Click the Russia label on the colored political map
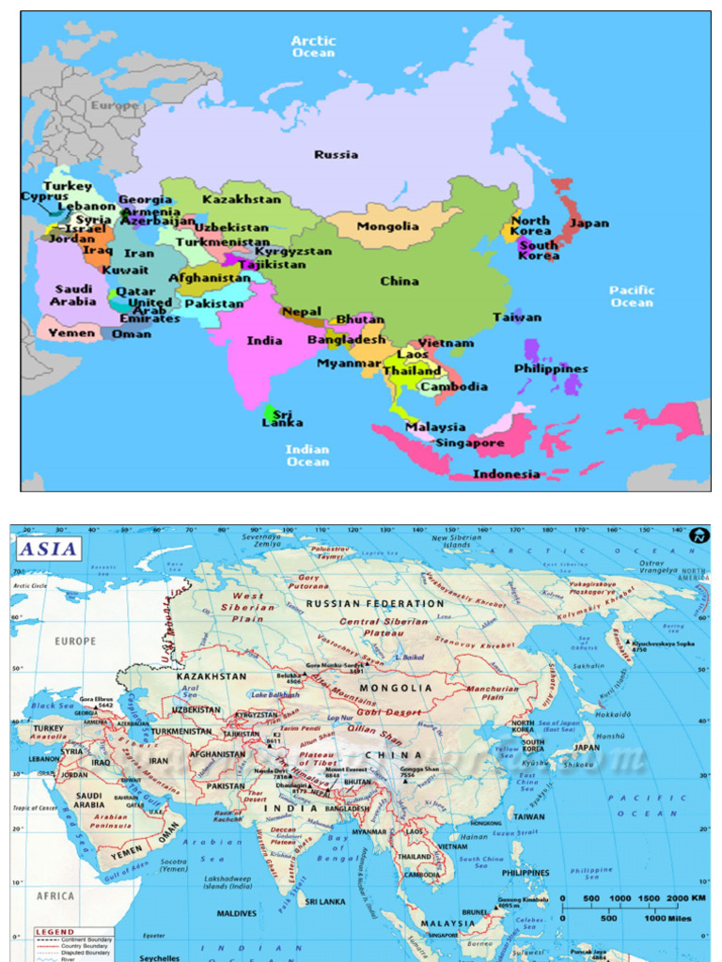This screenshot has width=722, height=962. (x=336, y=155)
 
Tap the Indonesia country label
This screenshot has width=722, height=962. (x=506, y=473)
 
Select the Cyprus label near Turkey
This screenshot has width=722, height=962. (x=44, y=197)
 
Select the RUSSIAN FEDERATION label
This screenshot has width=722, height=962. (x=375, y=603)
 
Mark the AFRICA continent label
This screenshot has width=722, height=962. (x=55, y=896)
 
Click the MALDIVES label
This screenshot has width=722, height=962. (x=236, y=913)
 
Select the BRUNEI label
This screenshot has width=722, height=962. (x=474, y=911)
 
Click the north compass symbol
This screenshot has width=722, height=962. (x=698, y=535)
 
